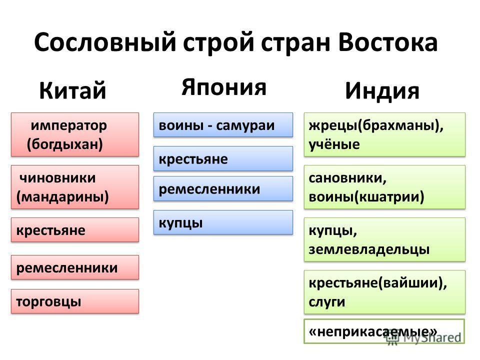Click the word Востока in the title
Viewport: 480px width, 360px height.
point(388,42)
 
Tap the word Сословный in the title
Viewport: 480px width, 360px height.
point(105,42)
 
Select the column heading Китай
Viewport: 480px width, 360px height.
point(72,90)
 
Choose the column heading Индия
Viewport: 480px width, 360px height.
point(382,90)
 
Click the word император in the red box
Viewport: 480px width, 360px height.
point(69,125)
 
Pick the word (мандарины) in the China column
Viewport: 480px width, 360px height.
point(62,197)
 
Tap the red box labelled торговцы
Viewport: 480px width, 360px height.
point(75,301)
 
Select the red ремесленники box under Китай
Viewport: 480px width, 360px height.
point(75,267)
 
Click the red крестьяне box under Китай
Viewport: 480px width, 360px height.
point(75,230)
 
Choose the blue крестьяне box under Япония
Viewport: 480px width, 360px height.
point(223,158)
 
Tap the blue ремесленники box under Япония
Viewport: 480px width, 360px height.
point(223,188)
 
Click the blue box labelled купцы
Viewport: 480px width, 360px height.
point(223,222)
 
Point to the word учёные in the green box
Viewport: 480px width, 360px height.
point(334,144)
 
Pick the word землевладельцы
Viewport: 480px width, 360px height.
point(369,249)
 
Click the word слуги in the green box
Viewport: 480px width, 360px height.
point(326,302)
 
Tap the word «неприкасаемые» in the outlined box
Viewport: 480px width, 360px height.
point(373,331)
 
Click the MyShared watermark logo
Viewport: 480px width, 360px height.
point(424,337)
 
